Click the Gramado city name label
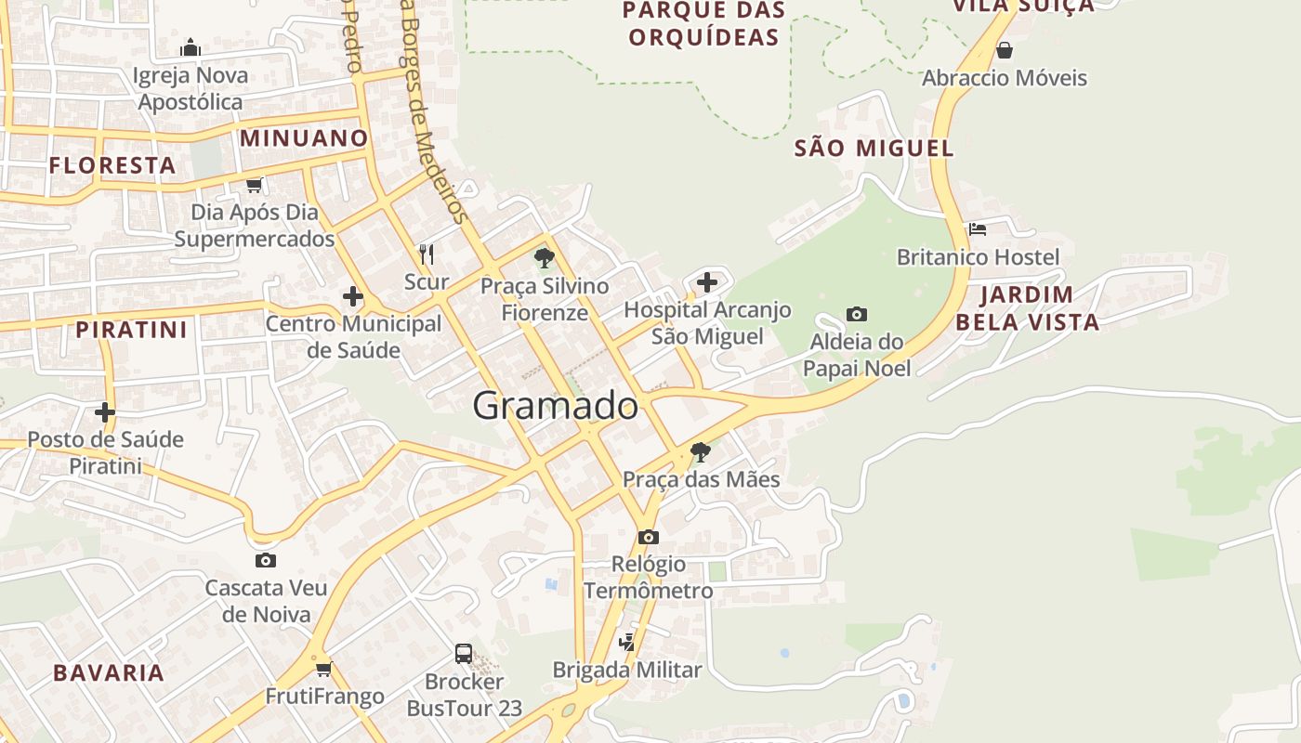(x=556, y=406)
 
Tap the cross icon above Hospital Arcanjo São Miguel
(x=707, y=281)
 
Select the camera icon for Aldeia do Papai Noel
(x=857, y=315)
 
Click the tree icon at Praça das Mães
(x=701, y=452)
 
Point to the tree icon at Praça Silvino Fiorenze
(x=545, y=258)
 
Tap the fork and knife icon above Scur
(x=427, y=254)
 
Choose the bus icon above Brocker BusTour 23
(x=464, y=653)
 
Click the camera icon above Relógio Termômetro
(x=649, y=537)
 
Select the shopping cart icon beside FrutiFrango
(x=324, y=669)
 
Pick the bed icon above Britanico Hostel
(x=977, y=228)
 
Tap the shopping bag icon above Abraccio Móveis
(x=1004, y=49)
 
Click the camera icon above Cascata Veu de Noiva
(x=266, y=560)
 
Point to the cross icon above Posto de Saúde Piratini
(x=105, y=411)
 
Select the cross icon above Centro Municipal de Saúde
(x=353, y=296)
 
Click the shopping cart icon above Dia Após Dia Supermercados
(x=255, y=185)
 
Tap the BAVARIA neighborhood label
(x=109, y=673)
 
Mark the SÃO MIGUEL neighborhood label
(x=874, y=149)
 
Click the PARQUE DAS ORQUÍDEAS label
(x=703, y=24)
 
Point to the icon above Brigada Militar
(x=628, y=641)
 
